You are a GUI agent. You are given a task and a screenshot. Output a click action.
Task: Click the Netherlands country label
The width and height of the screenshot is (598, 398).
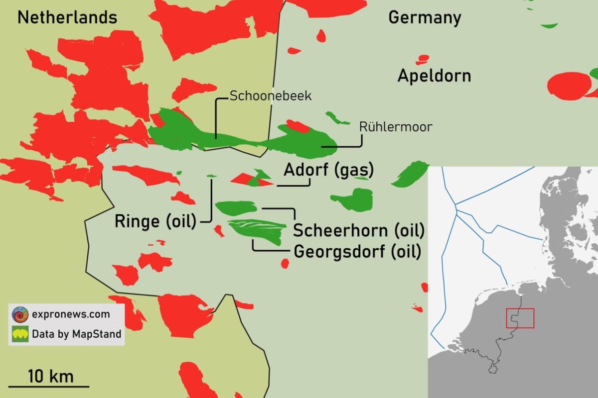(67, 18)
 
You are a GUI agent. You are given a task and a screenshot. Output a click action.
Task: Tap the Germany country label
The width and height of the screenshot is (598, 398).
(425, 18)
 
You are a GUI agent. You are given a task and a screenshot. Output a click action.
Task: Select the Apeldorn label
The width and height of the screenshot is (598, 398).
(434, 76)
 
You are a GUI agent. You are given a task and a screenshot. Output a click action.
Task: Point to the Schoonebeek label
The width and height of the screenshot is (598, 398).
(270, 96)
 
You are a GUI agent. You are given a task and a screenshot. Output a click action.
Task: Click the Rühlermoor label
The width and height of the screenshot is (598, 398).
(396, 127)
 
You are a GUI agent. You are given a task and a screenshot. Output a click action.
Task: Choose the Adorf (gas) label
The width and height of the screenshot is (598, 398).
(328, 170)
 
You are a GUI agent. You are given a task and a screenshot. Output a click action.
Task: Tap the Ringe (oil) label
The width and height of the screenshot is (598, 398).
(155, 221)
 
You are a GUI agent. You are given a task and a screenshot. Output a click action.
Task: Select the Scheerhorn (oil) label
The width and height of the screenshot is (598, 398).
(358, 231)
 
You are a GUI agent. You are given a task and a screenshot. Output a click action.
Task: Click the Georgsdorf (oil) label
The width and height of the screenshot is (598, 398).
(357, 251)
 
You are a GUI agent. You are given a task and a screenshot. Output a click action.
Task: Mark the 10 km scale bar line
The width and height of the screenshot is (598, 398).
(49, 386)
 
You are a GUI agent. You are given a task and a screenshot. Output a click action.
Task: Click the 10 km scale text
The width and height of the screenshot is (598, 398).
(50, 376)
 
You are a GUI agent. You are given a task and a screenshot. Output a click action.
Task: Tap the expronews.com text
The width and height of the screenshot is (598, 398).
(70, 314)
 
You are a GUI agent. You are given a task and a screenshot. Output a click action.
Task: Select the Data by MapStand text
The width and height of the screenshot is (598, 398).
(76, 334)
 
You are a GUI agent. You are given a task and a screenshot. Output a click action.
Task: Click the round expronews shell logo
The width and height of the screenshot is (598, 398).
(20, 314)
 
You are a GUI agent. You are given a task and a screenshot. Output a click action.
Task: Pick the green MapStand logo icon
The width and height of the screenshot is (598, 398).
(20, 334)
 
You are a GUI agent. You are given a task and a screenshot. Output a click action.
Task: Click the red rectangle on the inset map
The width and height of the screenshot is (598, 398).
(520, 318)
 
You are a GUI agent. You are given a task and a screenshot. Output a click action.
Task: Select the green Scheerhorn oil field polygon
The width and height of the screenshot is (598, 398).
(236, 207)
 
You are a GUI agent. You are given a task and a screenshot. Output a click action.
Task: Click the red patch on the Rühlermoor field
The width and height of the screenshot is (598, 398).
(298, 126)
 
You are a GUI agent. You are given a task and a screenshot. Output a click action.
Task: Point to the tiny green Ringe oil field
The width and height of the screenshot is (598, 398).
(211, 176)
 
